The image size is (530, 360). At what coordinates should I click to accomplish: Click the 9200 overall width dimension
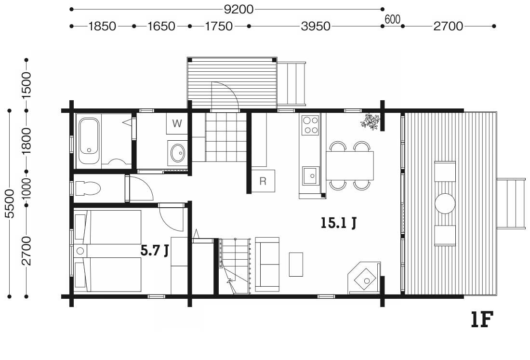click(238, 10)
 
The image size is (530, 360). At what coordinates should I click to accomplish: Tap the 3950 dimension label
click(316, 26)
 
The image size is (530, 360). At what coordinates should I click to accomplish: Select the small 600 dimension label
click(392, 20)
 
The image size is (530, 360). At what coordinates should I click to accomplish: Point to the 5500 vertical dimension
click(10, 203)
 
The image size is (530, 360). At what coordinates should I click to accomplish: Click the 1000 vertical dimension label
click(26, 188)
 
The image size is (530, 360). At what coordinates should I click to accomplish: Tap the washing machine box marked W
click(177, 123)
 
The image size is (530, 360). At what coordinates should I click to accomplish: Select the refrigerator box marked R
click(263, 181)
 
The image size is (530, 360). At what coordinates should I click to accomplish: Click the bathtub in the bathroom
click(89, 141)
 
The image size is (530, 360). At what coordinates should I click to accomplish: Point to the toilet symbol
click(88, 188)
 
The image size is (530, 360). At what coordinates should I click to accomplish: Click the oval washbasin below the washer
click(178, 153)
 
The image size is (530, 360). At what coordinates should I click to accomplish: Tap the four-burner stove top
click(310, 125)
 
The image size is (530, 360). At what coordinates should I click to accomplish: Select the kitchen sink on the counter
click(311, 176)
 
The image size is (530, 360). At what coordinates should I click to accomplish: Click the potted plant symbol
click(371, 122)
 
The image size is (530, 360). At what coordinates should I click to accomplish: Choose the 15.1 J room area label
click(338, 223)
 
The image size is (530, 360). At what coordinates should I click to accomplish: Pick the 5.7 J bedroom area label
click(155, 251)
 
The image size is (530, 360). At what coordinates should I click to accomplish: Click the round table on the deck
click(445, 203)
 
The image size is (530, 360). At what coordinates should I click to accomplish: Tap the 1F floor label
click(482, 320)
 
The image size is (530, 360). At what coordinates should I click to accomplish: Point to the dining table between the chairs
click(350, 166)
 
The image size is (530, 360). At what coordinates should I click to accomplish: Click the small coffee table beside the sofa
click(296, 265)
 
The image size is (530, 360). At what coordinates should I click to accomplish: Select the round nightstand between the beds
click(80, 251)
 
